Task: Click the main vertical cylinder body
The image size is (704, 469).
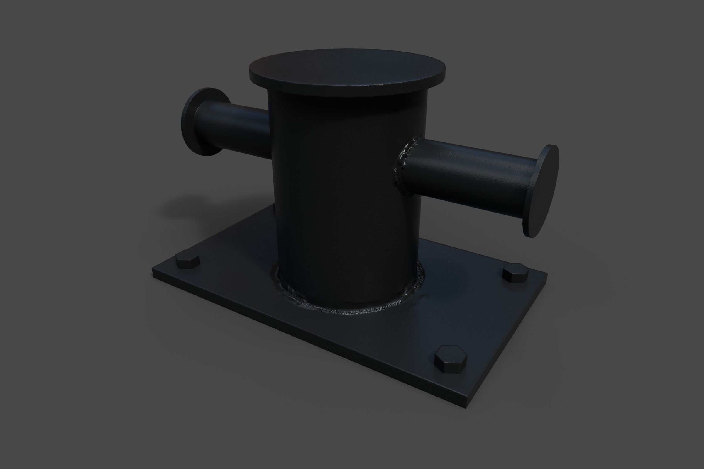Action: (344, 194)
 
